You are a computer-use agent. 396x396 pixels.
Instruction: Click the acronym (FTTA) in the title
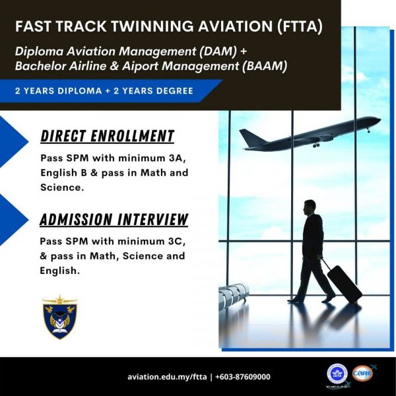tap(300, 26)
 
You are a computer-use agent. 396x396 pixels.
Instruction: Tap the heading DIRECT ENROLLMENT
tap(108, 136)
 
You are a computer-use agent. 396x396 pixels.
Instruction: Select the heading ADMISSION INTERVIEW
tap(114, 219)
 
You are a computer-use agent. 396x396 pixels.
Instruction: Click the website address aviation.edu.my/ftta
tap(167, 377)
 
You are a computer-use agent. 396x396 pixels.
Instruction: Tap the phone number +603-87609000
tap(243, 377)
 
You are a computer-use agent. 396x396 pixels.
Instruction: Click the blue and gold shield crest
tap(59, 317)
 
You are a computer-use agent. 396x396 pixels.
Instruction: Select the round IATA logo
tap(337, 374)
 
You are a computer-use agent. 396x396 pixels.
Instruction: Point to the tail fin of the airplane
tap(248, 138)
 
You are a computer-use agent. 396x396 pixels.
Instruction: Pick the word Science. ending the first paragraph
tap(62, 187)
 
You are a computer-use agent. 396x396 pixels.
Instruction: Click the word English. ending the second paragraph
tap(59, 271)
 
